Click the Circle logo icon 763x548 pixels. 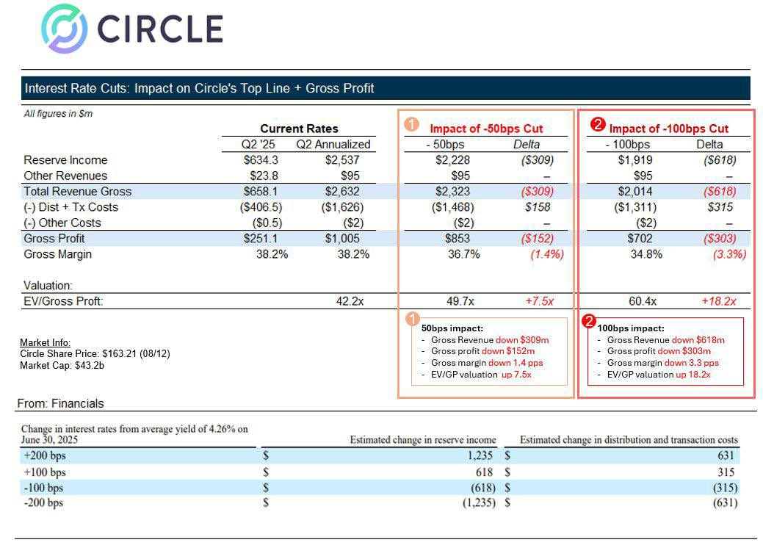pyautogui.click(x=64, y=29)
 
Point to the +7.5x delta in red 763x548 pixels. pyautogui.click(x=538, y=301)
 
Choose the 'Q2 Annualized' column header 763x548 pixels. pyautogui.click(x=333, y=144)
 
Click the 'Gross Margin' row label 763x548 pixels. pyautogui.click(x=57, y=254)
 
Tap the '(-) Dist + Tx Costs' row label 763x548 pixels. pyautogui.click(x=70, y=207)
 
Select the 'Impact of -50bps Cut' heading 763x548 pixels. pyautogui.click(x=486, y=129)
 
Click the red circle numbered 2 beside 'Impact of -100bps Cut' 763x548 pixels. pyautogui.click(x=598, y=125)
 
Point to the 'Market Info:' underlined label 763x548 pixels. pyautogui.click(x=45, y=343)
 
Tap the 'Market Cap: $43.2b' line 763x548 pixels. pyautogui.click(x=62, y=365)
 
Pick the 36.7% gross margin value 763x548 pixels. pyautogui.click(x=464, y=254)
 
